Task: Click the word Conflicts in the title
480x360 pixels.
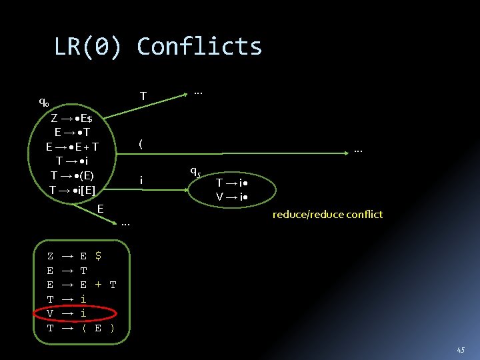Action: click(199, 47)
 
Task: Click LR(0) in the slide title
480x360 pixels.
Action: click(89, 47)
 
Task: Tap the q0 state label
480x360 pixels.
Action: click(43, 103)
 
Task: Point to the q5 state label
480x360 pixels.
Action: click(195, 170)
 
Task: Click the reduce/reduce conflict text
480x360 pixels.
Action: click(327, 214)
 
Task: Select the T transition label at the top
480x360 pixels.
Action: click(143, 97)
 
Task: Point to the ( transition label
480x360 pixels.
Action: click(140, 143)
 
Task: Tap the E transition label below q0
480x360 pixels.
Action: click(100, 209)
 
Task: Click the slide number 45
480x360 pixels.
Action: click(461, 349)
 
